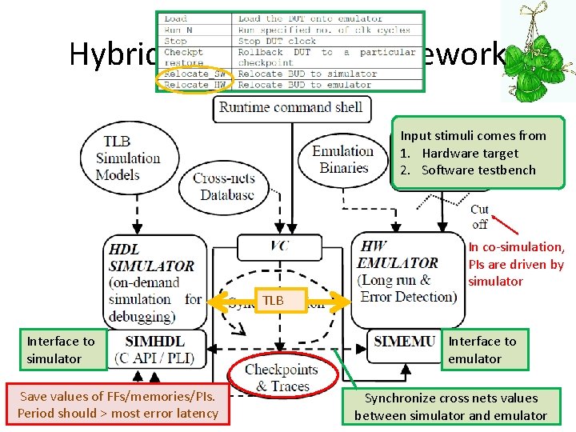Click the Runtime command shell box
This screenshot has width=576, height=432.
291,108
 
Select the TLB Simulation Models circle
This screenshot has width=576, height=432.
128,158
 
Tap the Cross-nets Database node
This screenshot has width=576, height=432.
223,186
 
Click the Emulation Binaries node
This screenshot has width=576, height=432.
343,159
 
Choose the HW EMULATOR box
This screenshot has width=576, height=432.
407,276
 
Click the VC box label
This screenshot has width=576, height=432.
280,246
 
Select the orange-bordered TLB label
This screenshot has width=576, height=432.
274,300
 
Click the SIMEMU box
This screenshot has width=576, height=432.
406,342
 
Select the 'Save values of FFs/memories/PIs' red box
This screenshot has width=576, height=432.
118,405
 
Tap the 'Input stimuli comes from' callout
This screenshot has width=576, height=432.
478,153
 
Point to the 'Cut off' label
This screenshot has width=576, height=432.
479,217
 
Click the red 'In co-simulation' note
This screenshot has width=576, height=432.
516,264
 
